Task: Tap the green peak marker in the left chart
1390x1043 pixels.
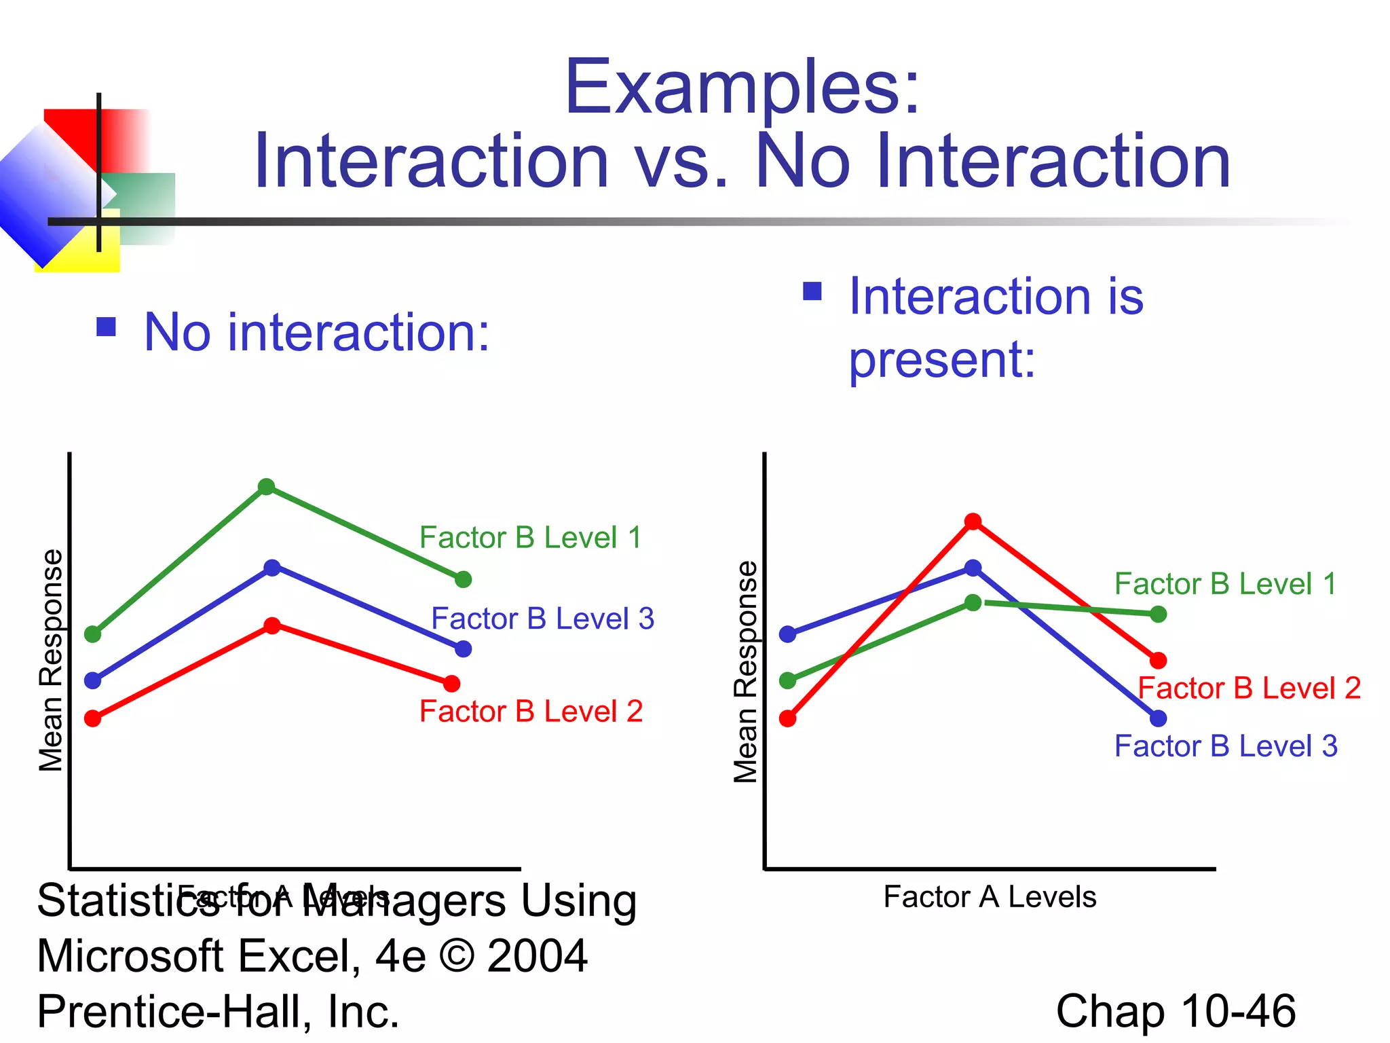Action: [x=267, y=487]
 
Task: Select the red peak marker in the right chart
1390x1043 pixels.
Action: [x=973, y=521]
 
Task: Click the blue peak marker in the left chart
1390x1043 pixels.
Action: [x=272, y=568]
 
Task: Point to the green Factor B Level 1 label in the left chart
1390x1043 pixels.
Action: [x=530, y=538]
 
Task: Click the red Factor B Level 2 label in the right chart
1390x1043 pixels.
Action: [x=1249, y=689]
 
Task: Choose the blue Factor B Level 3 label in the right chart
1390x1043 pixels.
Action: [x=1226, y=746]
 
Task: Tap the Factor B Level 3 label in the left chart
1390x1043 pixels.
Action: [x=542, y=619]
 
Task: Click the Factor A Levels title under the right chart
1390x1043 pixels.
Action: [x=990, y=897]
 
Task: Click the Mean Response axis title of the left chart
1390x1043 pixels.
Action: [x=50, y=660]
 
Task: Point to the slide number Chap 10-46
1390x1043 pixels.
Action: [x=1176, y=1011]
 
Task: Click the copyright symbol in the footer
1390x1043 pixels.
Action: [x=457, y=956]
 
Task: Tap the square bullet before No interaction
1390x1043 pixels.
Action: [x=107, y=327]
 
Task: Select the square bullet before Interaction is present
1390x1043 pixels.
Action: [x=812, y=291]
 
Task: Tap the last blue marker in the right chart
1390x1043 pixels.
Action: [x=1158, y=718]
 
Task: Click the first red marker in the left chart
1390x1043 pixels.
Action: [x=93, y=718]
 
